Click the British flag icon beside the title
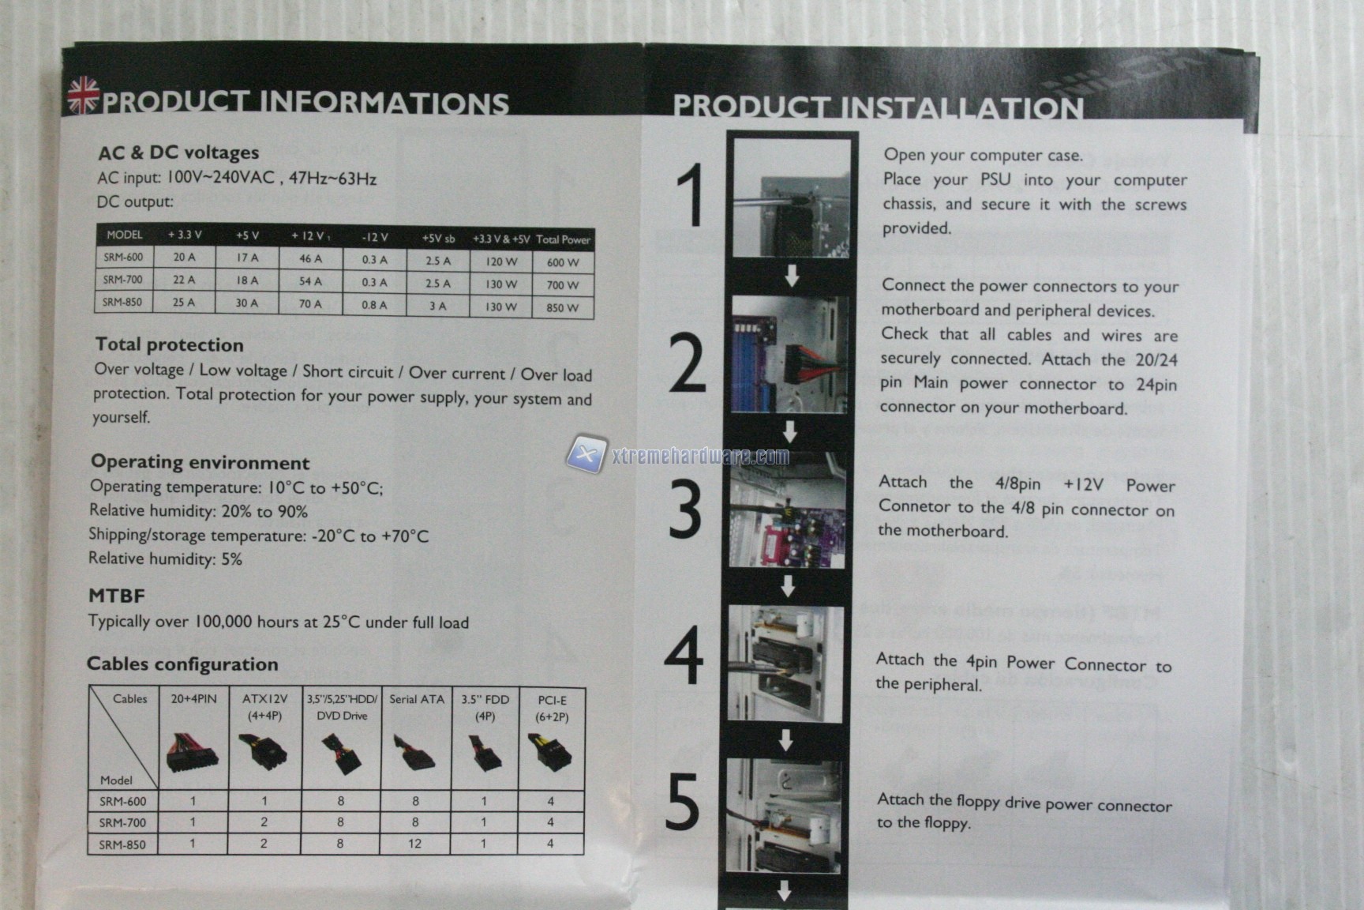coord(83,95)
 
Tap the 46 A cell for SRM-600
coord(311,258)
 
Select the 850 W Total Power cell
coord(562,307)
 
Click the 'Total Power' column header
coord(563,239)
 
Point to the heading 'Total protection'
coord(170,344)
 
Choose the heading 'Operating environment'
coord(200,462)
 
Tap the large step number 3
coord(685,510)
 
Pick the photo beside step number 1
coord(792,197)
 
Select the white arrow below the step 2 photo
coord(789,431)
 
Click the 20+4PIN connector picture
coord(193,752)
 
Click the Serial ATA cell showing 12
coord(415,844)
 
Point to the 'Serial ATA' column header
coord(417,699)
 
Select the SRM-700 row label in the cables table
coord(122,822)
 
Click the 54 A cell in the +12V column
coord(310,281)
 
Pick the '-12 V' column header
coord(375,237)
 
